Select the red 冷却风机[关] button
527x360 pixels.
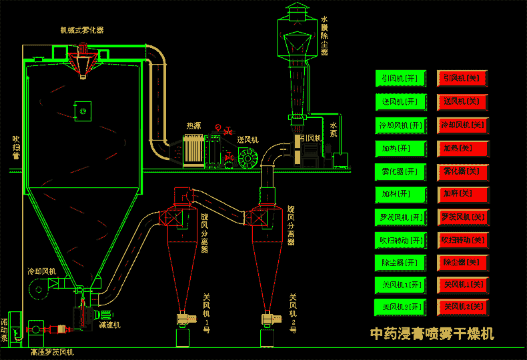click(x=463, y=125)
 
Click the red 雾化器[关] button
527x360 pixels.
click(x=463, y=171)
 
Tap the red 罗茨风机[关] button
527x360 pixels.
click(x=463, y=217)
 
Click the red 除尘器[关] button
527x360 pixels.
click(x=463, y=263)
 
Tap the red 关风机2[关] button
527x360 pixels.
click(x=463, y=307)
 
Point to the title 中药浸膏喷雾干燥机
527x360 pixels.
click(x=432, y=333)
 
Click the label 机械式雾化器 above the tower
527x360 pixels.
click(x=81, y=30)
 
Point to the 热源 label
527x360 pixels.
click(x=193, y=125)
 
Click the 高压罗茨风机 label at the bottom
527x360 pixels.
click(x=52, y=351)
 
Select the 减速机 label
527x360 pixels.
click(x=109, y=325)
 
